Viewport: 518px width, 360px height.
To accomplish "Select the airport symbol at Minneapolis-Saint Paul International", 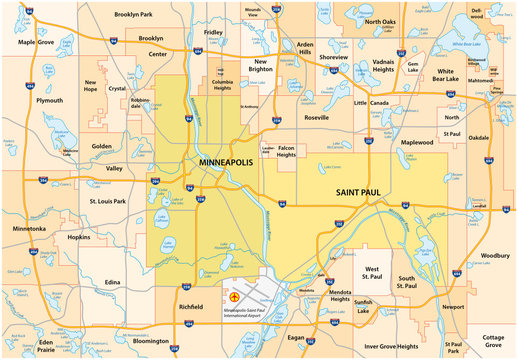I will (235, 297).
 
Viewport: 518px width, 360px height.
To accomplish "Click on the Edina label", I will (112, 283).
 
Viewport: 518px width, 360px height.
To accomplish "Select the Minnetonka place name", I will (29, 229).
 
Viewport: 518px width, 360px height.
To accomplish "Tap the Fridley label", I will (213, 32).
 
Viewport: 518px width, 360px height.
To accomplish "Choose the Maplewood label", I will (417, 142).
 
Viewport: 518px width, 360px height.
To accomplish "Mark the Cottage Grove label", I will (494, 341).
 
